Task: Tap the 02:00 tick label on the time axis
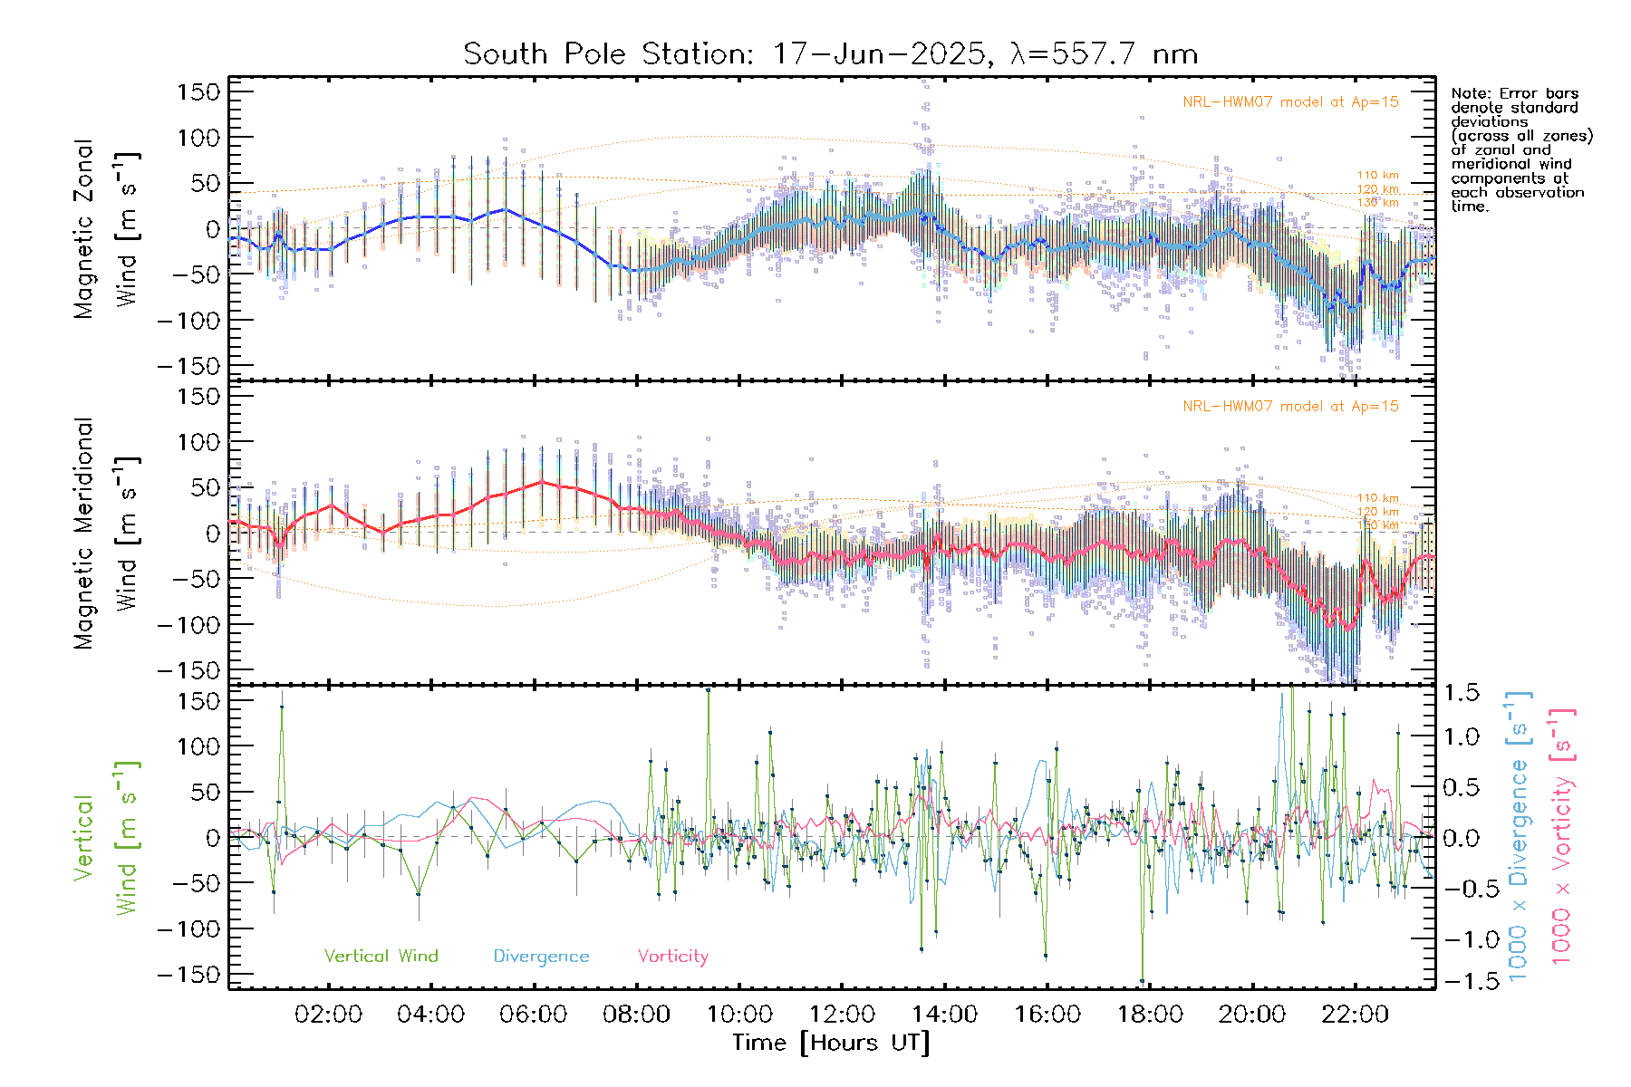(328, 1015)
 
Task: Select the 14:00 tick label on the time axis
(944, 1015)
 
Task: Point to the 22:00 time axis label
(1355, 1015)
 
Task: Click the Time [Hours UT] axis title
(830, 1043)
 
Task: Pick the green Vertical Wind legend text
(381, 957)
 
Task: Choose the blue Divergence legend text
(541, 957)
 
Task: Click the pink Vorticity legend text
(672, 957)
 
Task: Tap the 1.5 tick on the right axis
(1462, 693)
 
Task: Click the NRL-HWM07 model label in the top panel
(1290, 102)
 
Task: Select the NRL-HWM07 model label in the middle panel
(1290, 407)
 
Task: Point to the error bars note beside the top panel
(1520, 149)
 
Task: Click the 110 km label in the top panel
(1377, 176)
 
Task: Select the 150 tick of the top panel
(199, 91)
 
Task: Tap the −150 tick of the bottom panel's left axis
(189, 975)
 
